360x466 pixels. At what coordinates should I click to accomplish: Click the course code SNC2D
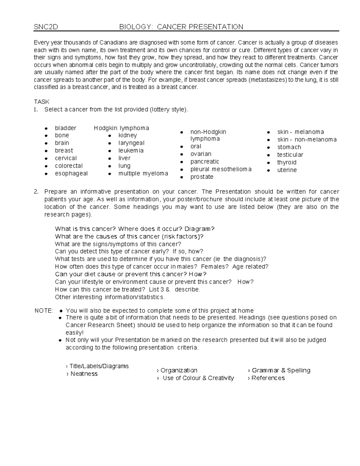coord(46,27)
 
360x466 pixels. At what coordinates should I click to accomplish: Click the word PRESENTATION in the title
coord(216,27)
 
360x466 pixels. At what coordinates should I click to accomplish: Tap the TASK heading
coord(42,102)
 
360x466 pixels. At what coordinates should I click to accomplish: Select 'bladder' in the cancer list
coord(65,128)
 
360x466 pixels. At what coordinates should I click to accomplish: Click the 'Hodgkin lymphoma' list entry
coord(121,128)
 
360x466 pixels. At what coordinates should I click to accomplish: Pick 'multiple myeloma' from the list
coord(143,173)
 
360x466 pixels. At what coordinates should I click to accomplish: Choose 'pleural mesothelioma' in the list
coord(221,169)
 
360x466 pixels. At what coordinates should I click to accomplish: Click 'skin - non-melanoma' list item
coord(307,140)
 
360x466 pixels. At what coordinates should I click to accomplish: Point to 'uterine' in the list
coord(287,170)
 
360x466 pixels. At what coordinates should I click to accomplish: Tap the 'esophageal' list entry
coord(71,173)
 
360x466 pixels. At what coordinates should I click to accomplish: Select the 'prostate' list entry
coord(202,177)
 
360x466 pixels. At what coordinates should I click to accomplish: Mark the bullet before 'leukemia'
coord(110,151)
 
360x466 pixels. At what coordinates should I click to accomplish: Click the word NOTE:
coord(44,311)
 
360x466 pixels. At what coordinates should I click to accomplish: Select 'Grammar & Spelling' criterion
coord(281,370)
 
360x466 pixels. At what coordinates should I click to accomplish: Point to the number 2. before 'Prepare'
coord(36,192)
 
